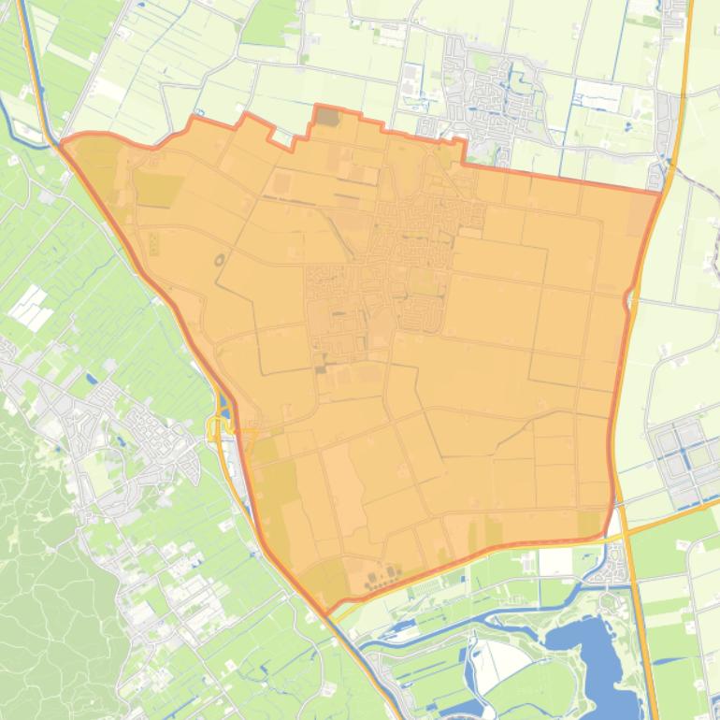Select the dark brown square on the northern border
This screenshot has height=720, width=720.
coord(327,117)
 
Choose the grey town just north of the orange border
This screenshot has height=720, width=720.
coord(486,94)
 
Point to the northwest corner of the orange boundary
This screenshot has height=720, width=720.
coord(62,143)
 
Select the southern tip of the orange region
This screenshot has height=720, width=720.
coord(326,615)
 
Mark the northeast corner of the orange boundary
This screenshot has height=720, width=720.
coord(660,192)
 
